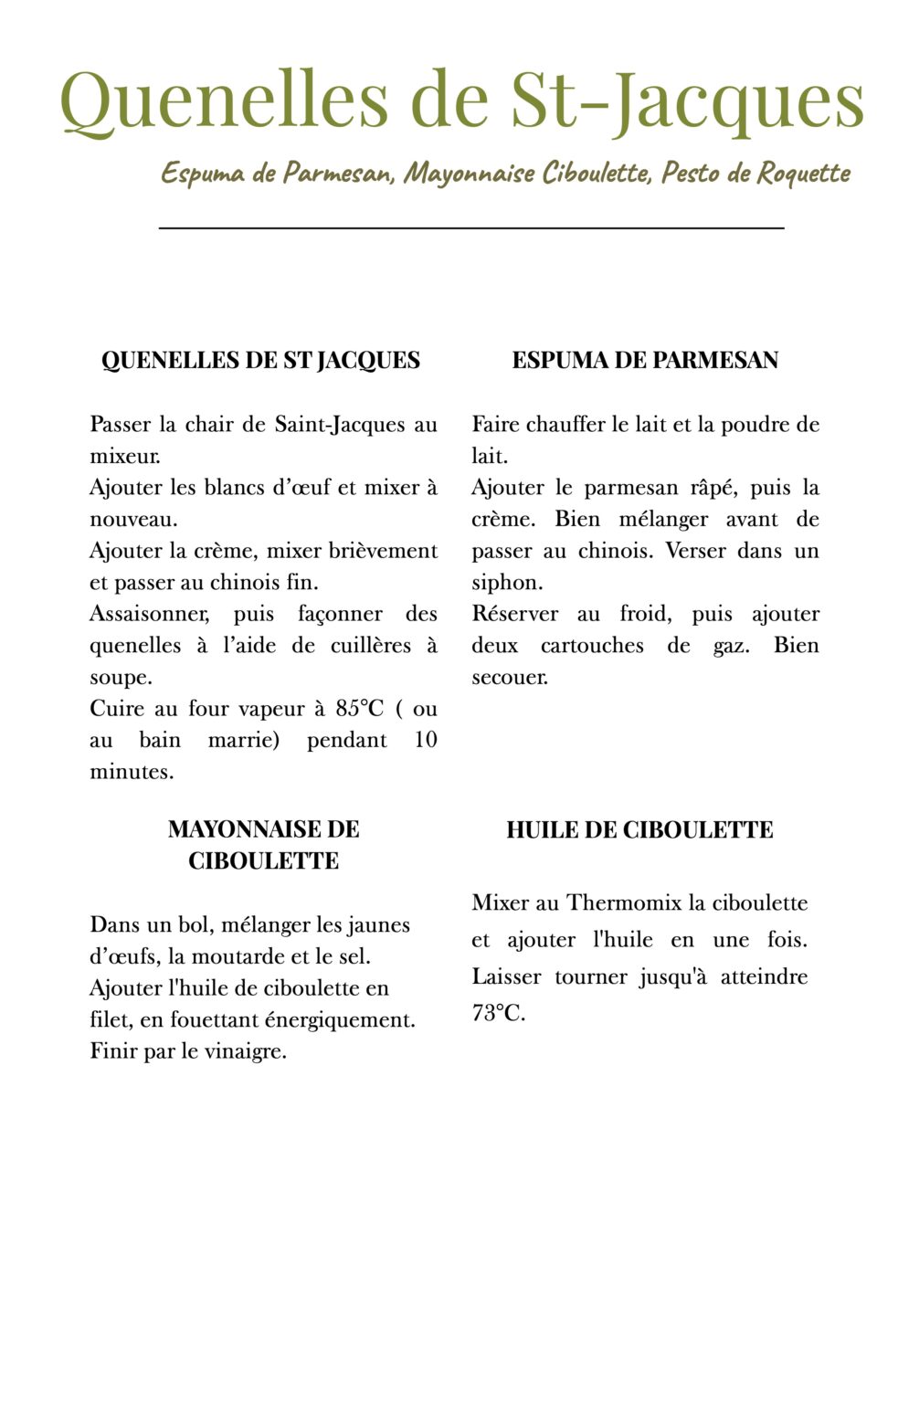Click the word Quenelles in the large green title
[224, 100]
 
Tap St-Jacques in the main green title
[686, 100]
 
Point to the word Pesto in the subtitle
[691, 173]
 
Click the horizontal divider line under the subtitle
[471, 227]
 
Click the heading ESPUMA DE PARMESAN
[645, 360]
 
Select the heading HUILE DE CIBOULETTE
[639, 829]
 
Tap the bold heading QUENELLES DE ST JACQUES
[260, 360]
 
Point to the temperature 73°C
[498, 1013]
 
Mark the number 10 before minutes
[426, 740]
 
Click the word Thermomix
[624, 902]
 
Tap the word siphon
[506, 583]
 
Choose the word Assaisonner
[149, 614]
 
